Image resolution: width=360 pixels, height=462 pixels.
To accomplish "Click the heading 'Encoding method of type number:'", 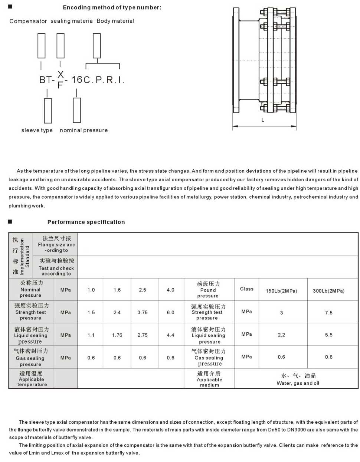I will (112, 7).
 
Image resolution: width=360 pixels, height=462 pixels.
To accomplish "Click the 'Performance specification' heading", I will (86, 222).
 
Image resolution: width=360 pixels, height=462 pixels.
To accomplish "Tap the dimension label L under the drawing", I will (263, 120).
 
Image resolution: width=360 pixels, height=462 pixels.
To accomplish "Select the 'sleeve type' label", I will (37, 130).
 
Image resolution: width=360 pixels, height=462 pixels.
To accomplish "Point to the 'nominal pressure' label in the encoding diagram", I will (84, 130).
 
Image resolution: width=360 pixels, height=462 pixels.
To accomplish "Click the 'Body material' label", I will (115, 21).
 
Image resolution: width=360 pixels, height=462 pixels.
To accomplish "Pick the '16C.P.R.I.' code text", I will (98, 80).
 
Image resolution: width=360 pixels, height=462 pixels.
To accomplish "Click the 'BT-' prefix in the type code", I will (47, 80).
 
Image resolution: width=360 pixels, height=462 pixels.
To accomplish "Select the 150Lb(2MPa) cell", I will (281, 291).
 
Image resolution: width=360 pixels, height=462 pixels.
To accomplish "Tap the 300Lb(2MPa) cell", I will (328, 291).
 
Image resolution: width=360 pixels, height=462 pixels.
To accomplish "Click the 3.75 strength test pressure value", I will (143, 313).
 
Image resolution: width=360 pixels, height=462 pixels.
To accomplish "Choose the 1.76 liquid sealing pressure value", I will (117, 335).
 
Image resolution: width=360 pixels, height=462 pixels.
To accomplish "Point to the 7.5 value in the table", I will (329, 313).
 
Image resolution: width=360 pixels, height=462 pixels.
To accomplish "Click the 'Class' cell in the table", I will (247, 289).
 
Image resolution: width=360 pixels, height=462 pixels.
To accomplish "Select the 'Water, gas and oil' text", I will (298, 383).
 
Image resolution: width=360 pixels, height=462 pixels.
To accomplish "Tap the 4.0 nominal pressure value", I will (171, 290).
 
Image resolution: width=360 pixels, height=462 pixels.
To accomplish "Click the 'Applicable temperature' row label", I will (32, 379).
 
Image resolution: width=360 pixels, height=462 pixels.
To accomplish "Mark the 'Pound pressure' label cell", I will (208, 290).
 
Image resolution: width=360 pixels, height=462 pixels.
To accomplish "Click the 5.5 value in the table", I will (329, 335).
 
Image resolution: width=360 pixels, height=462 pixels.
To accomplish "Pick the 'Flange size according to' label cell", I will (56, 244).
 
